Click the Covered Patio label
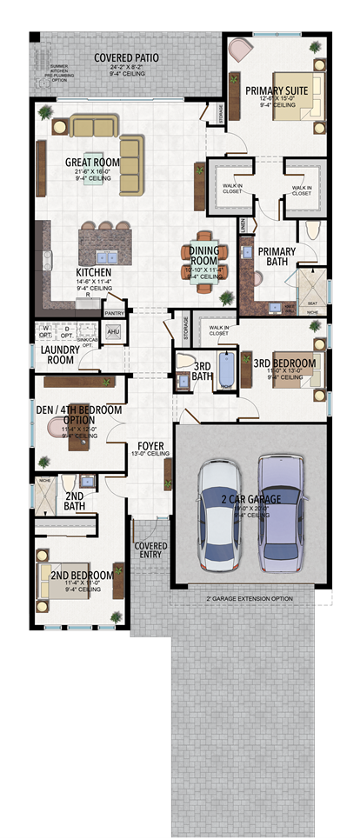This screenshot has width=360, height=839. click(127, 58)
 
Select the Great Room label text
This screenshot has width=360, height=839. click(91, 162)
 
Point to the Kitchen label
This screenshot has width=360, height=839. click(93, 272)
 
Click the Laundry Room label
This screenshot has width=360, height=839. click(61, 355)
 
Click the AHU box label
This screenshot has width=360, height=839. click(113, 332)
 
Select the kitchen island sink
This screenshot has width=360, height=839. click(109, 257)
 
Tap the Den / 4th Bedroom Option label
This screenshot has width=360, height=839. click(78, 414)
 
